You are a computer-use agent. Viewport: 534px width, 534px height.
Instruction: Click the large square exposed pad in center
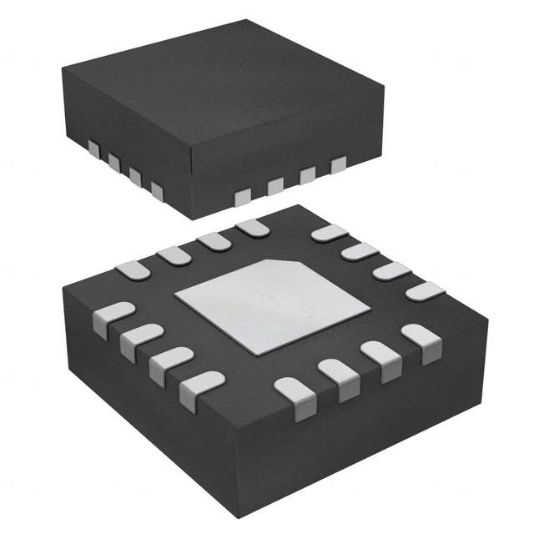tap(271, 305)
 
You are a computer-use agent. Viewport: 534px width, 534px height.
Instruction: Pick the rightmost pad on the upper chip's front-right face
tap(338, 164)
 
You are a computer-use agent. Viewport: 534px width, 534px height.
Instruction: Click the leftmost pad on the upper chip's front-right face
tap(243, 197)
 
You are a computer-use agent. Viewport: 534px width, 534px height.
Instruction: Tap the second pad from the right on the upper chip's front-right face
tap(307, 175)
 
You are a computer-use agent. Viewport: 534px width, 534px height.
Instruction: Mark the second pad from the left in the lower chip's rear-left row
tap(174, 254)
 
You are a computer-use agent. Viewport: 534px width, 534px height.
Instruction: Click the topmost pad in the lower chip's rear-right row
tap(329, 233)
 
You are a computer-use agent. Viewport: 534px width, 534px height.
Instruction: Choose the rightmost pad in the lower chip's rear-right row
tap(424, 291)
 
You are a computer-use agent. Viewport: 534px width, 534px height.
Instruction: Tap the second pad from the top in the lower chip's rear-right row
tap(360, 251)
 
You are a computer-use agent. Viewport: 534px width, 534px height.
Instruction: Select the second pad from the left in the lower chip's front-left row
tap(139, 339)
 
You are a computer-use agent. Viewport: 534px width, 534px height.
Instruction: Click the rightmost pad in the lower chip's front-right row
tap(421, 340)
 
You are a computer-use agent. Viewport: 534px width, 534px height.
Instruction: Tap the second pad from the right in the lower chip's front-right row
tap(383, 357)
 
